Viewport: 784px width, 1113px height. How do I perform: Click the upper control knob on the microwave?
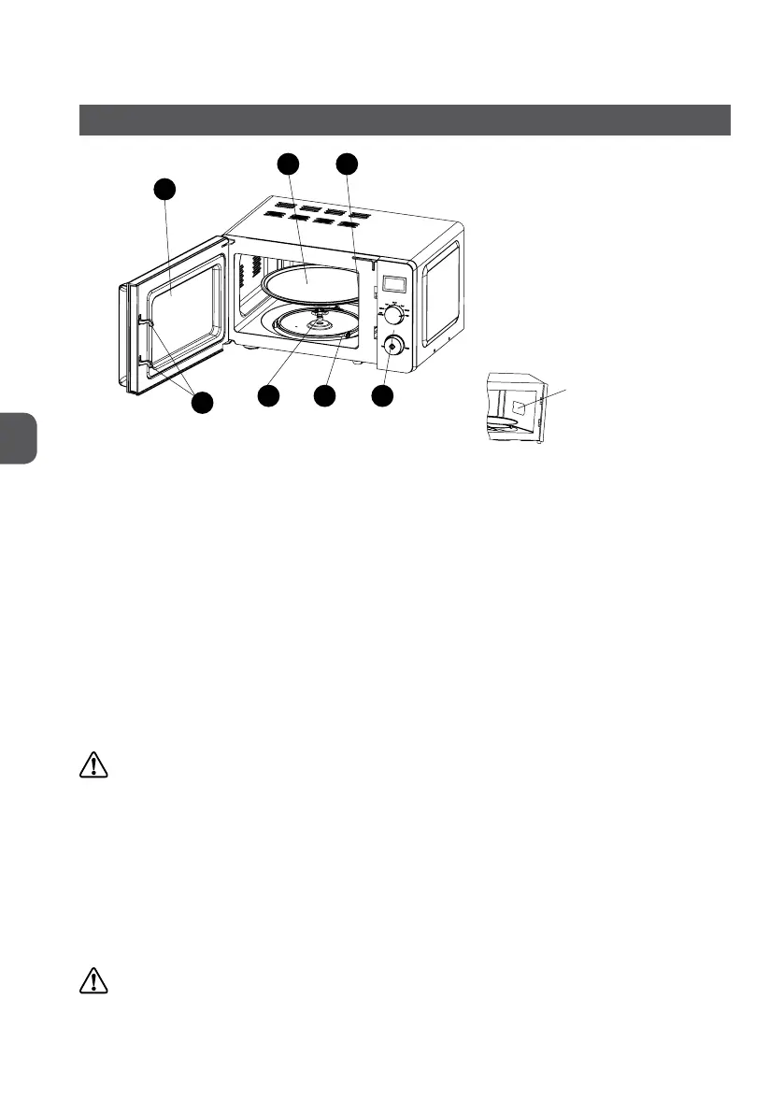tap(392, 315)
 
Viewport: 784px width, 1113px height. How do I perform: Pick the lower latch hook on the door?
tap(141, 356)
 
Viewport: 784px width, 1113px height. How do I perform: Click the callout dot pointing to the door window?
tap(164, 188)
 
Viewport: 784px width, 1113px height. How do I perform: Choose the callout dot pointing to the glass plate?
tap(288, 164)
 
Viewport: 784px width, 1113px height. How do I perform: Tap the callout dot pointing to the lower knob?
tap(380, 396)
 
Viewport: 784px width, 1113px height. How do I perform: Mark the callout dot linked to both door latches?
tap(203, 403)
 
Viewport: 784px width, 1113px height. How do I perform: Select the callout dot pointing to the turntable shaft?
tap(268, 396)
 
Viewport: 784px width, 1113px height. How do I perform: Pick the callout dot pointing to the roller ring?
tap(324, 396)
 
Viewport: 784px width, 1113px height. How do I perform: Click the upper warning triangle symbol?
tap(93, 766)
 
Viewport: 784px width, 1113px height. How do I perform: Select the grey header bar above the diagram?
tap(404, 120)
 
